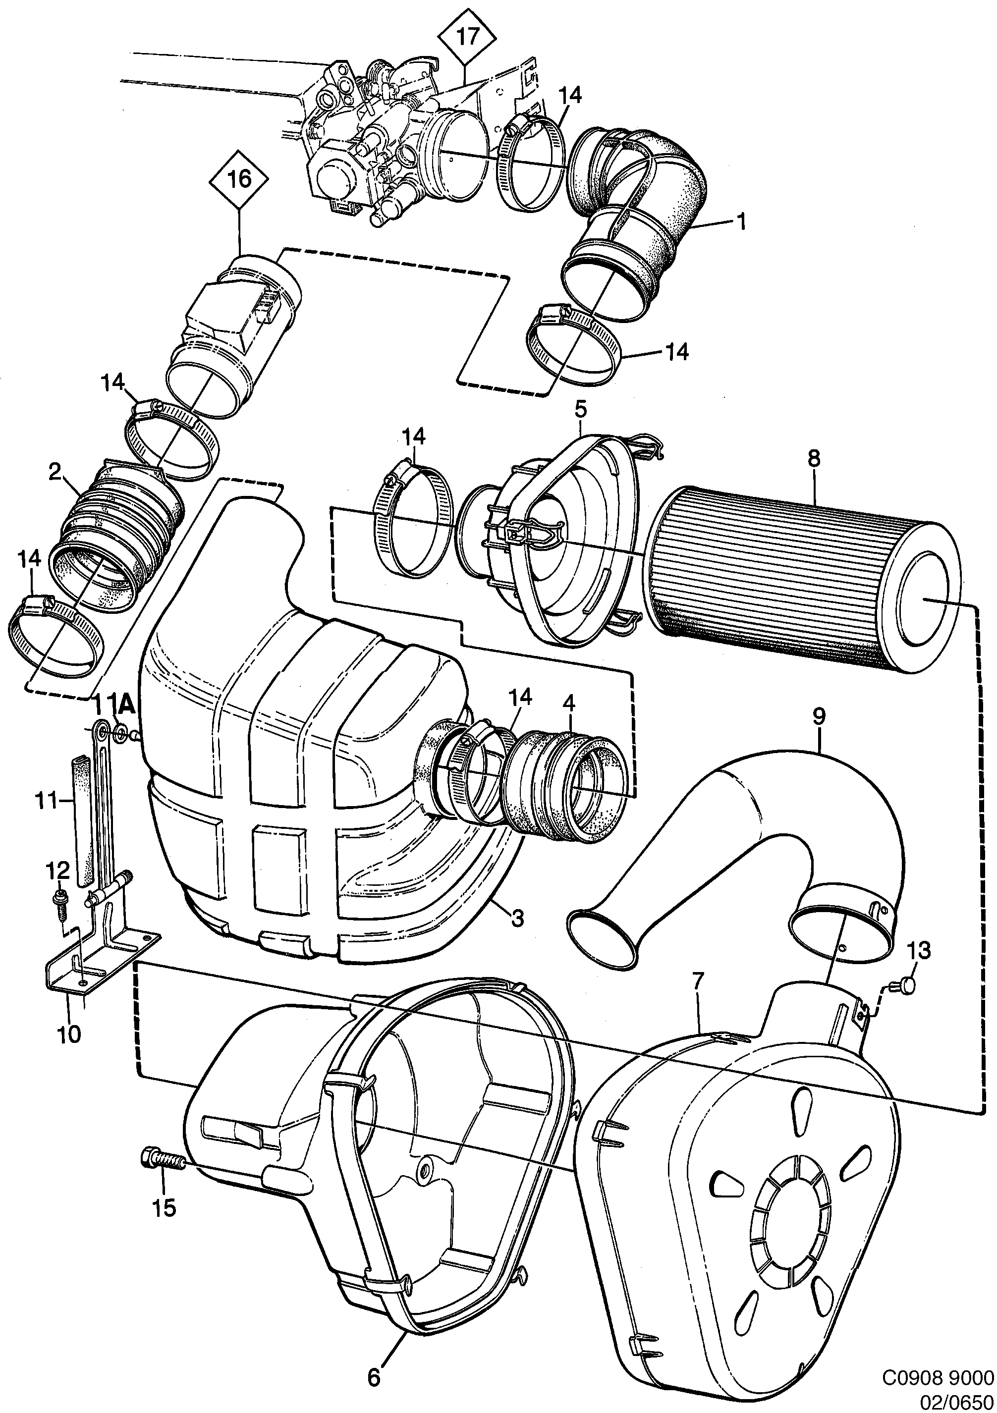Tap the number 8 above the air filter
pyautogui.click(x=814, y=458)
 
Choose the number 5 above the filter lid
pyautogui.click(x=581, y=409)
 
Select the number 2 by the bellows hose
pyautogui.click(x=55, y=473)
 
